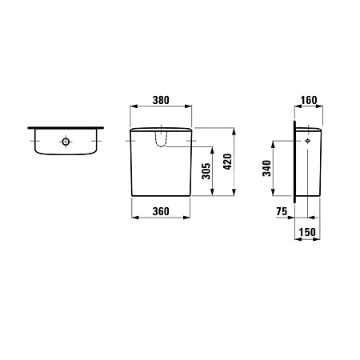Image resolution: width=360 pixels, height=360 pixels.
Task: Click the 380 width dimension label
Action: (x=161, y=101)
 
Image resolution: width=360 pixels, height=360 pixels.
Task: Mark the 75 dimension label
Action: (x=281, y=211)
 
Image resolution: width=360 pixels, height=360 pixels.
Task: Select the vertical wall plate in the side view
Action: (x=295, y=160)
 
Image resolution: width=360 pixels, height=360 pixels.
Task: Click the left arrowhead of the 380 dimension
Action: (x=132, y=110)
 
